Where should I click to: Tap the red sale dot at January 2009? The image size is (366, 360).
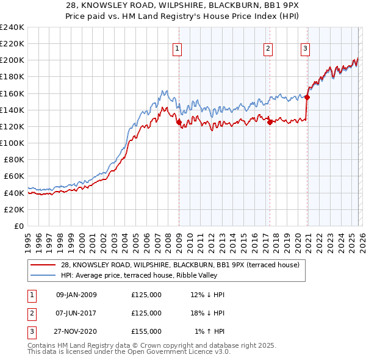[x=179, y=122]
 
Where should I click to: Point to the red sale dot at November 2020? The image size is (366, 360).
[x=307, y=97]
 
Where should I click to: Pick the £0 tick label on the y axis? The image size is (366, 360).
[x=18, y=226]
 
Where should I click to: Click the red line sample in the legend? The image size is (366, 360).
[x=43, y=265]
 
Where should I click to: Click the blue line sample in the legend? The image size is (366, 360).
[x=43, y=276]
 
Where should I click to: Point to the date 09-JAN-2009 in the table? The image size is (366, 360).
[x=76, y=295]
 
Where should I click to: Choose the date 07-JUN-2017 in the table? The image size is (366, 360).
[x=76, y=313]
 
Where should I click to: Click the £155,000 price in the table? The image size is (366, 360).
[x=146, y=331]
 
